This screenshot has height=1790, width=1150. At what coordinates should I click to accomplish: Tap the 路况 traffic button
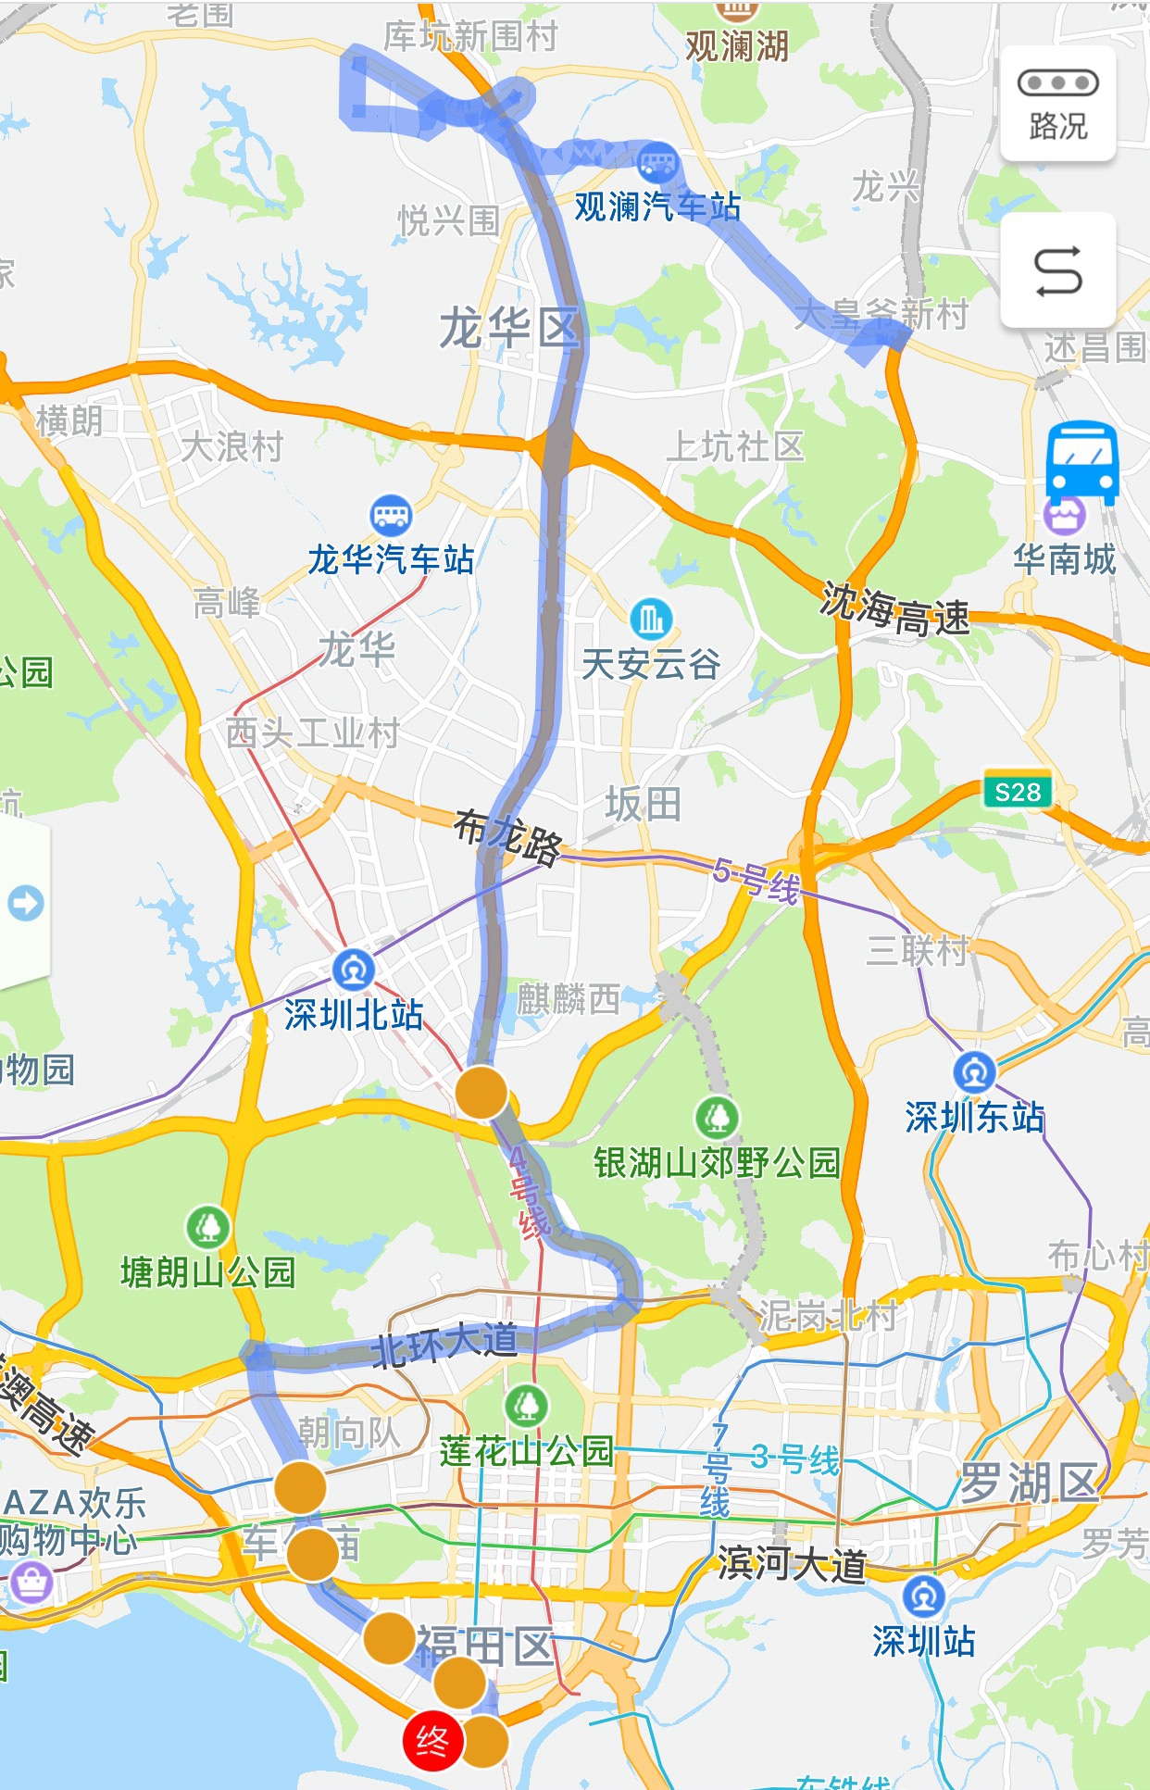1057,104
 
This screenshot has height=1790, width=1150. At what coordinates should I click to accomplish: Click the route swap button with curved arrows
1057,270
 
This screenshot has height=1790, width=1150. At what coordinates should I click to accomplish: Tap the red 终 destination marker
431,1742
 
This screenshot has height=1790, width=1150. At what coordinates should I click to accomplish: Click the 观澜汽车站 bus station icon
658,163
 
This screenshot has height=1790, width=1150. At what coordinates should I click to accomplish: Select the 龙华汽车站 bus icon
390,514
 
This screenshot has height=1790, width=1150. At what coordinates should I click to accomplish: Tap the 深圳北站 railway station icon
353,970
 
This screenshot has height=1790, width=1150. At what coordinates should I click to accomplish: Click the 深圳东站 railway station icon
974,1072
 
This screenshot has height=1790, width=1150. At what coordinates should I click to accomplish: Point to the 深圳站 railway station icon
923,1596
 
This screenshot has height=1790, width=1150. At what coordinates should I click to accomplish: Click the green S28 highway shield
1018,792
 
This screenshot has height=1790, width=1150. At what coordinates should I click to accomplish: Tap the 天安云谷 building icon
651,618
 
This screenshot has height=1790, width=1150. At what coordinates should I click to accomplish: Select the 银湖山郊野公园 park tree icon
718,1118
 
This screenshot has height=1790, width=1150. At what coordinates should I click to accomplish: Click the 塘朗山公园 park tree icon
208,1227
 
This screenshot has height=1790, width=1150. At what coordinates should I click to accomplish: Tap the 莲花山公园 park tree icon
527,1406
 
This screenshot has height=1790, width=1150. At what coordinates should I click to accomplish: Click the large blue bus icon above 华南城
1081,461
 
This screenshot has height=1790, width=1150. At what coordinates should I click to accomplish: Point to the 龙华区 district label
508,329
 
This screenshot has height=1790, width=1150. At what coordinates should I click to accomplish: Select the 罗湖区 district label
1028,1483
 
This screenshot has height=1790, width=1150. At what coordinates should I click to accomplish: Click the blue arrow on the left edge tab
25,903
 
